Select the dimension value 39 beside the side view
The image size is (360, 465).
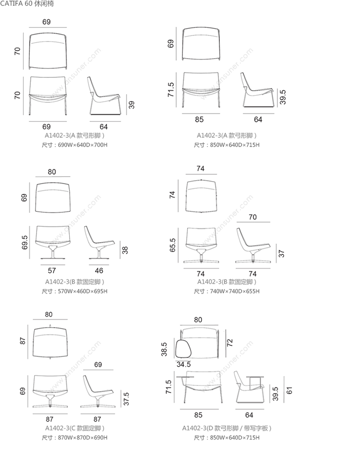(132, 104)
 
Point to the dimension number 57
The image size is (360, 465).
(52, 270)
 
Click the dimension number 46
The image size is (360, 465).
(98, 270)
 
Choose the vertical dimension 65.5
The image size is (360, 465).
(173, 245)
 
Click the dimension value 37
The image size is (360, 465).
(282, 253)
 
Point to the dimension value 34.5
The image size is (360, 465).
(184, 365)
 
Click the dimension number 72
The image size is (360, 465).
(230, 343)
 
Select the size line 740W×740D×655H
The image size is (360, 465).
(227, 291)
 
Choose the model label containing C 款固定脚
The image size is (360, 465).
(74, 428)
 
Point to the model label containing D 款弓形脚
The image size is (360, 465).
(227, 428)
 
